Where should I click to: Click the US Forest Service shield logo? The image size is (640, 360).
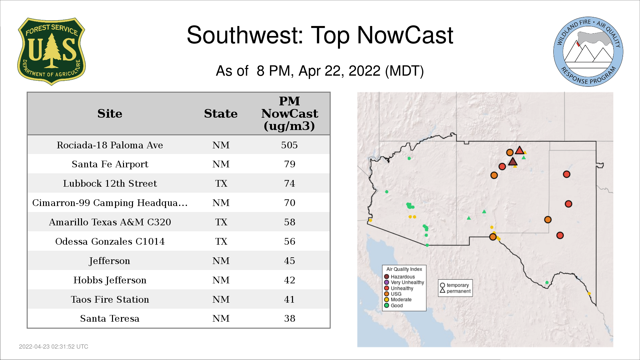pos(51,51)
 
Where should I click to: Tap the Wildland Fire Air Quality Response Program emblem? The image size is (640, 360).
pos(588,52)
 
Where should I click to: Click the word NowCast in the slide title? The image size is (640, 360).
pos(405,35)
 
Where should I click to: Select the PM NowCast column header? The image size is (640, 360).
pos(289,113)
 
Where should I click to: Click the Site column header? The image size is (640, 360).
pos(110,114)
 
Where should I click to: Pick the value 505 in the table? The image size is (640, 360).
pos(289,145)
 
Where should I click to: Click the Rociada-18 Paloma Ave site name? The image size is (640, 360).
pos(110,145)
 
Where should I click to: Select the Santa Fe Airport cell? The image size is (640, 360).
pos(110,164)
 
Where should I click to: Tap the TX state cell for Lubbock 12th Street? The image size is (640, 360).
pos(221,184)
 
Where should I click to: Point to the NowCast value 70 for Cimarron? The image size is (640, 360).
pos(289,203)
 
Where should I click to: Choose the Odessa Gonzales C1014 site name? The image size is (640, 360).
pos(110,241)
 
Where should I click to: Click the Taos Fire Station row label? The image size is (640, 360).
pos(110,299)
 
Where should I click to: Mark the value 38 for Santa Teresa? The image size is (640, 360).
pos(289,318)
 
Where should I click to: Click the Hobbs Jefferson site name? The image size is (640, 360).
pos(110,280)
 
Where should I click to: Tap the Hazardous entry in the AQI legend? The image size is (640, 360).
pos(400,277)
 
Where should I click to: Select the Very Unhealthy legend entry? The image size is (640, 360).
pos(404,282)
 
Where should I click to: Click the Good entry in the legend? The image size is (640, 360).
pos(394,305)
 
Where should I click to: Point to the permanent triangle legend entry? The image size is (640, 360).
pos(455,291)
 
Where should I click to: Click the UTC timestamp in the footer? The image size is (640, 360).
pos(54,347)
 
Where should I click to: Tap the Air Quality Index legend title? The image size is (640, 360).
pos(404,269)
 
